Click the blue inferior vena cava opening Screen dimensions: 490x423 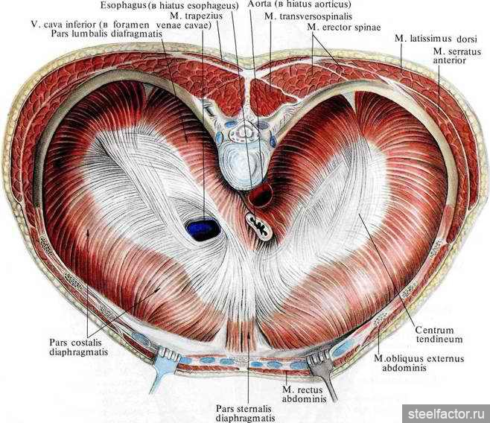pyautogui.click(x=203, y=229)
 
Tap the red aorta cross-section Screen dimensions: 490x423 pyautogui.click(x=261, y=196)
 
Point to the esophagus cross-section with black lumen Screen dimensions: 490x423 pyautogui.click(x=258, y=226)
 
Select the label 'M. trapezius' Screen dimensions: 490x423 pyautogui.click(x=197, y=16)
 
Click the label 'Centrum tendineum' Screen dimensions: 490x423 pyautogui.click(x=439, y=334)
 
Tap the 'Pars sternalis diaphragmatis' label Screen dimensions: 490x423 pyautogui.click(x=245, y=413)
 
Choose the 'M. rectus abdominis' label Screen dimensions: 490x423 pyautogui.click(x=304, y=394)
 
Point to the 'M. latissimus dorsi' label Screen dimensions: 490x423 pyautogui.click(x=436, y=39)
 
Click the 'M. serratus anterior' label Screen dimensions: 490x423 pyautogui.click(x=457, y=55)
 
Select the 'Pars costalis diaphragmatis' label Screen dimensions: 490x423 pyautogui.click(x=78, y=347)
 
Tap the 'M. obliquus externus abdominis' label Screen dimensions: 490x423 pyautogui.click(x=419, y=363)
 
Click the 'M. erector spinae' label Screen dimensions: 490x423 pyautogui.click(x=344, y=27)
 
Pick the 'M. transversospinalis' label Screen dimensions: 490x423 pyautogui.click(x=308, y=16)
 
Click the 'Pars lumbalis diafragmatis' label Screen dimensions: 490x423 pyautogui.click(x=106, y=34)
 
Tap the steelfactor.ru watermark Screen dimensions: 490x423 pyautogui.click(x=446, y=414)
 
